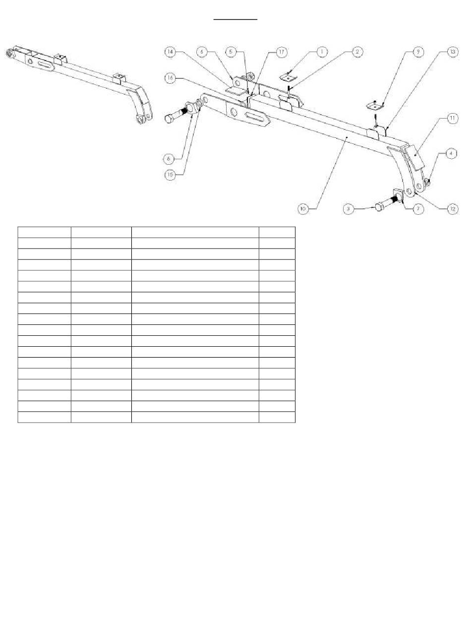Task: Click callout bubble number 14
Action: [x=170, y=51]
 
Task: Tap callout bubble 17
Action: [x=267, y=51]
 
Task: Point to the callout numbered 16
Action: [x=170, y=78]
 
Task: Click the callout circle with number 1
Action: [x=322, y=51]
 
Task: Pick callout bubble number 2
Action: [x=357, y=51]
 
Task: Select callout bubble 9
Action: [x=417, y=51]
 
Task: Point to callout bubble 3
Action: [x=349, y=209]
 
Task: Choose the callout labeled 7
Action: [x=418, y=209]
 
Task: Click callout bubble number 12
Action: [x=452, y=209]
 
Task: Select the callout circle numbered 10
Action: [x=303, y=209]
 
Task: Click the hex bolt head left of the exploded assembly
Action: [x=169, y=119]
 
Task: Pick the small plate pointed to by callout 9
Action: [x=375, y=106]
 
